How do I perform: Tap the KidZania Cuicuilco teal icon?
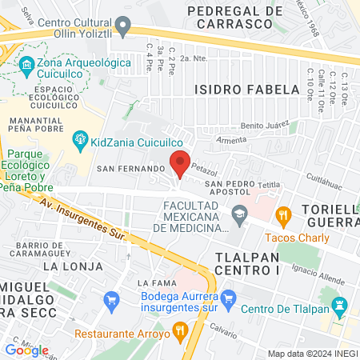pos(80,141)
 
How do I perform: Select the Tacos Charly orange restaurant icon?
pos(282,214)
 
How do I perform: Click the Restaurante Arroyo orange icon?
pos(181,330)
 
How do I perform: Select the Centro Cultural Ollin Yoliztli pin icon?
pos(122,29)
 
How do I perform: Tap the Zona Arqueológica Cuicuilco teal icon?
pos(27,63)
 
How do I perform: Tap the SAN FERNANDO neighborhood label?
pos(130,170)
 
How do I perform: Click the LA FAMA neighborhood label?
pos(156,283)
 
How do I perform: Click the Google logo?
pos(26,350)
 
